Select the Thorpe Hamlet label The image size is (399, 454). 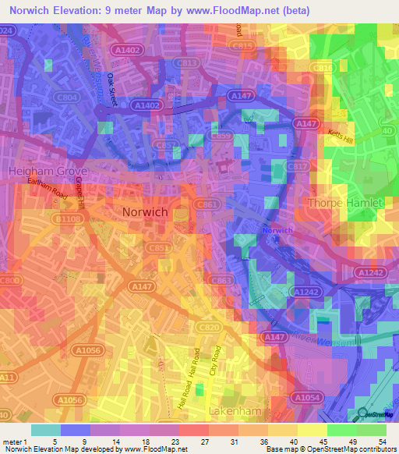(347, 203)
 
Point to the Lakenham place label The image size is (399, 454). (239, 410)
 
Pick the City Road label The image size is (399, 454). (216, 364)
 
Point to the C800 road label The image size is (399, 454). (11, 280)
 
